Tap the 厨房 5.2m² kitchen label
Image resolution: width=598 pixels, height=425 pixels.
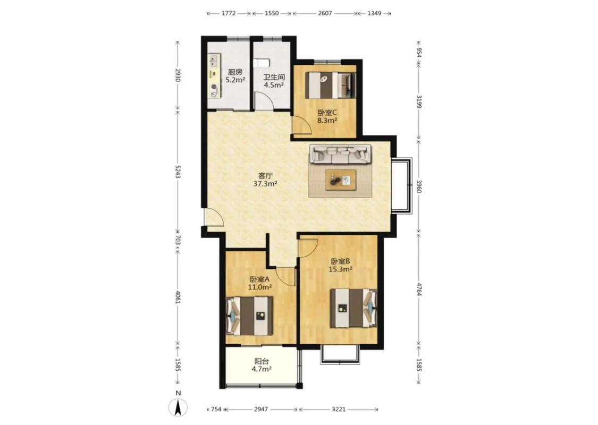click(235, 76)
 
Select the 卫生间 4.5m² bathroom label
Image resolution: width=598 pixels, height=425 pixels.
click(274, 81)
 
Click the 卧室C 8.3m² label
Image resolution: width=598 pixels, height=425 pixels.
click(327, 117)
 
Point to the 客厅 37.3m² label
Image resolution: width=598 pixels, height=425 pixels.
click(265, 180)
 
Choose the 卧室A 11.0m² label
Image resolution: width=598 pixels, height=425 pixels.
click(259, 283)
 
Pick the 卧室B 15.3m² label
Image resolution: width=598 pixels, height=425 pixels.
click(340, 265)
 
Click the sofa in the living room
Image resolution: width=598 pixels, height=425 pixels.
click(340, 154)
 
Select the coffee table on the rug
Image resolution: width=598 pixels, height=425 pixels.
click(341, 180)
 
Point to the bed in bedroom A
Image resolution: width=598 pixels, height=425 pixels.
click(250, 316)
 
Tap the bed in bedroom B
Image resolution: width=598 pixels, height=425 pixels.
click(353, 308)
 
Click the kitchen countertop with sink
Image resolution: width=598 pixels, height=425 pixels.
click(214, 76)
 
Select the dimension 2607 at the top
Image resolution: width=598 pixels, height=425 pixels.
click(325, 13)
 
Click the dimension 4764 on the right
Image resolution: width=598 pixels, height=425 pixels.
click(419, 290)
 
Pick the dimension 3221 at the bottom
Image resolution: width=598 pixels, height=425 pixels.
click(339, 410)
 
